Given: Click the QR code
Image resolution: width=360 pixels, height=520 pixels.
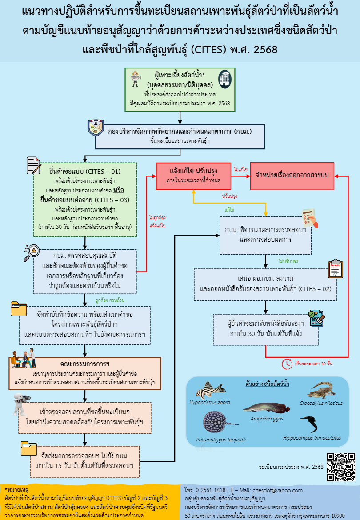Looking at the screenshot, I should pos(341,467).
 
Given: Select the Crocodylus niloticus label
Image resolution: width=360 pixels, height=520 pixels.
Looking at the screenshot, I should pos(327,403).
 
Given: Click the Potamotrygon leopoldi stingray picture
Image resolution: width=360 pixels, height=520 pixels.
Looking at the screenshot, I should pos(215,422).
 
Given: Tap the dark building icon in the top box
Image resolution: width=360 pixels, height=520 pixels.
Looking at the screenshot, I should pos(225,78).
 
